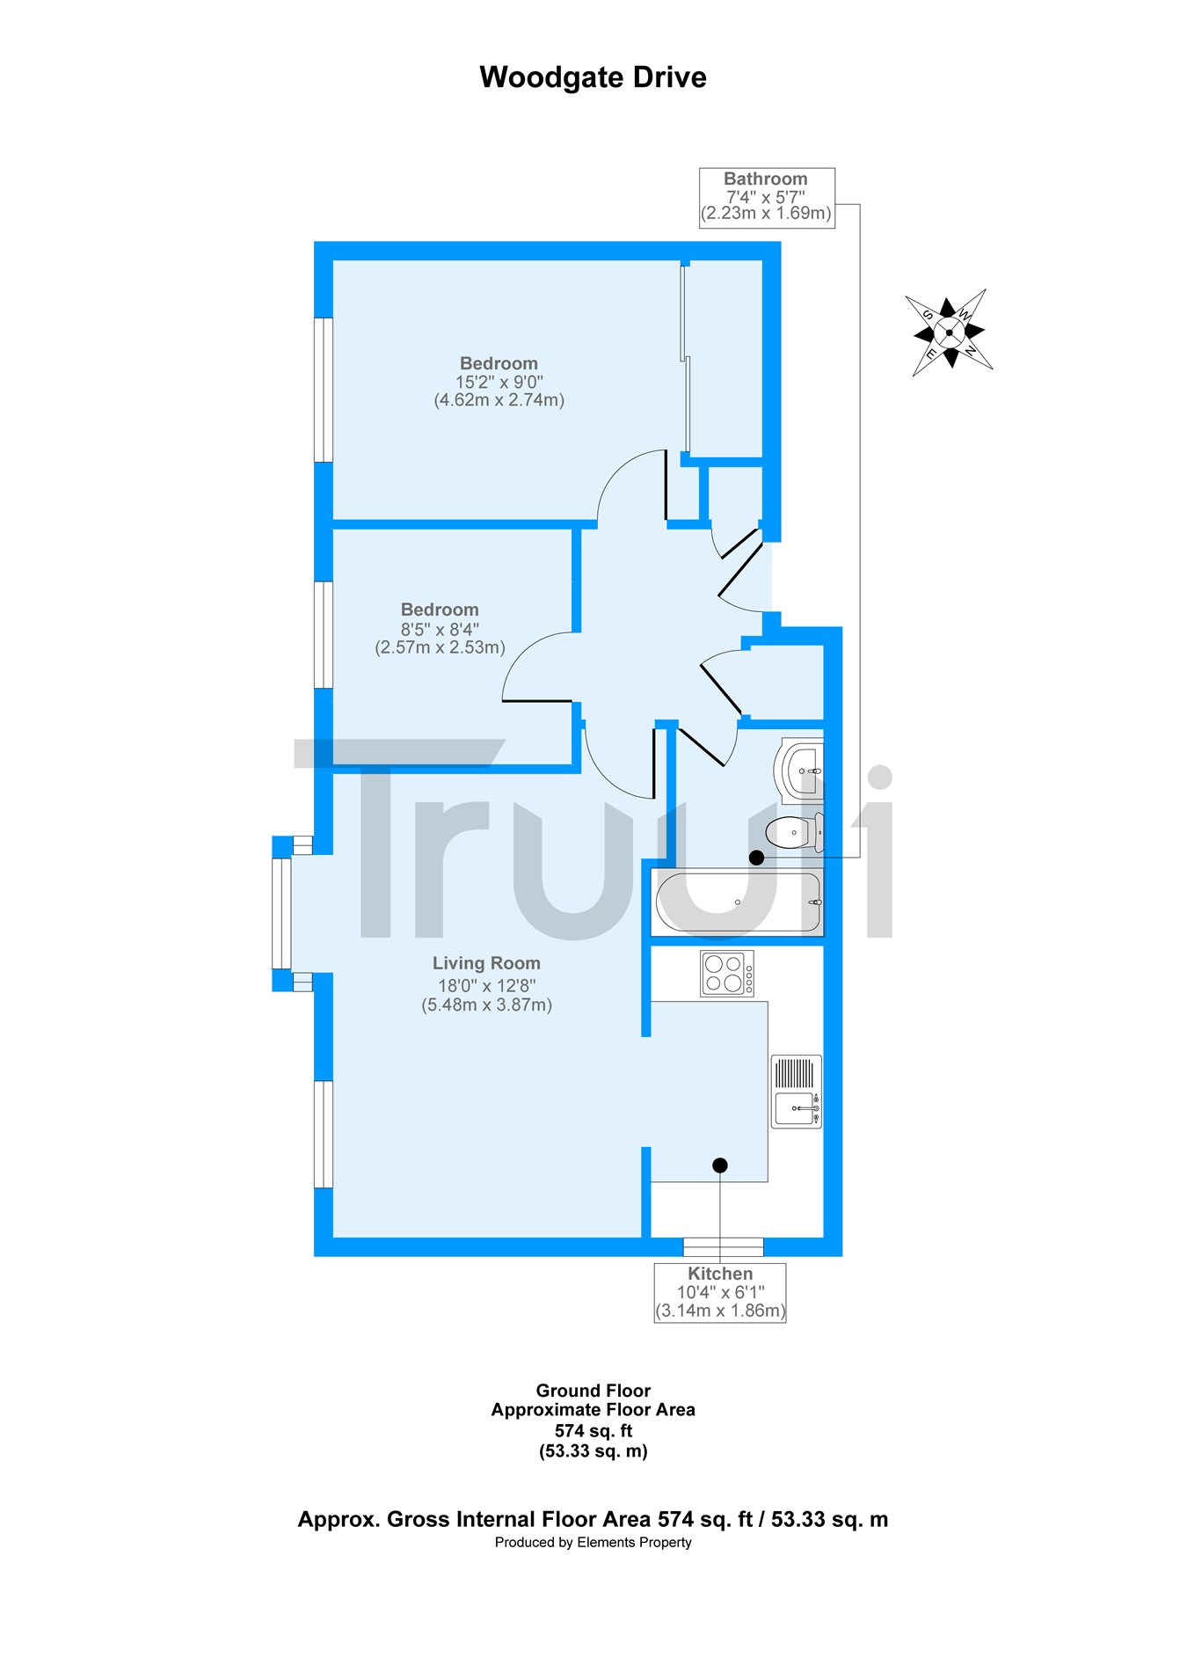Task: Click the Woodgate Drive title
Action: (593, 77)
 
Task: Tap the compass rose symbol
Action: (950, 332)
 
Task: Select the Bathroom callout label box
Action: (767, 198)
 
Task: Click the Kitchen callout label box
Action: (720, 1292)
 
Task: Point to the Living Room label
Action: (486, 964)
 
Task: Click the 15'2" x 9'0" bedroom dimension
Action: (499, 383)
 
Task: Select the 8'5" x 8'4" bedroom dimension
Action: (440, 630)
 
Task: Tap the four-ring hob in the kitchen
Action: (727, 974)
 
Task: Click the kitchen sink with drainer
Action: (797, 1092)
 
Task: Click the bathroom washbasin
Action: (802, 771)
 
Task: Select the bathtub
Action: (738, 902)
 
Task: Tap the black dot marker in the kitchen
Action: (720, 1165)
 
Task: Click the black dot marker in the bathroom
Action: (756, 857)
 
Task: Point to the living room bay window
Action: (281, 913)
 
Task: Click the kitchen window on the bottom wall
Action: (724, 1246)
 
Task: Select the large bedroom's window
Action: (324, 390)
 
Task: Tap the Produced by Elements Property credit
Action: (593, 1542)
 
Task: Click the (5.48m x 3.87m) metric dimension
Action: (487, 1005)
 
